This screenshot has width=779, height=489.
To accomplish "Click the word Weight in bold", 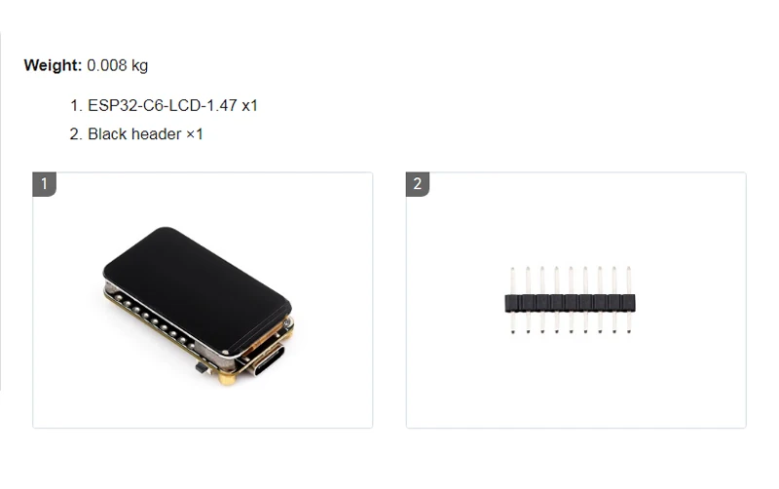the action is coord(53,66).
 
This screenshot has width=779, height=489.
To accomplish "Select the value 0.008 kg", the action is coord(117,66).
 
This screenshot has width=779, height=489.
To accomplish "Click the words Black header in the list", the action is coord(133,133).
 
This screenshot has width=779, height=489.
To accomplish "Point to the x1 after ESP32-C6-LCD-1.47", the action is coord(249,105).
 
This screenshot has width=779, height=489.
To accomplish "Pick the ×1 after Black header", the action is coord(194,133).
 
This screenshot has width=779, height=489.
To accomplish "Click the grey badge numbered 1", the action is coord(44,184).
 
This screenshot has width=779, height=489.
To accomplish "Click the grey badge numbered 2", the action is coord(417,184).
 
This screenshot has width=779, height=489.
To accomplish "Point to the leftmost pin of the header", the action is coord(512,300).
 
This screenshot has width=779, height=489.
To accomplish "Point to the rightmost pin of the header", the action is coord(628,300).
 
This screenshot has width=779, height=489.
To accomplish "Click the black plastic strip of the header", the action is coord(570,303).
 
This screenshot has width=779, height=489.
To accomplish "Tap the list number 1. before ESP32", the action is coord(75,105).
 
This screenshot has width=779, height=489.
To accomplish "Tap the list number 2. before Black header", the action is coord(75,133).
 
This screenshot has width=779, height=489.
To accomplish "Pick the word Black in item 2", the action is coord(107,133).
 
